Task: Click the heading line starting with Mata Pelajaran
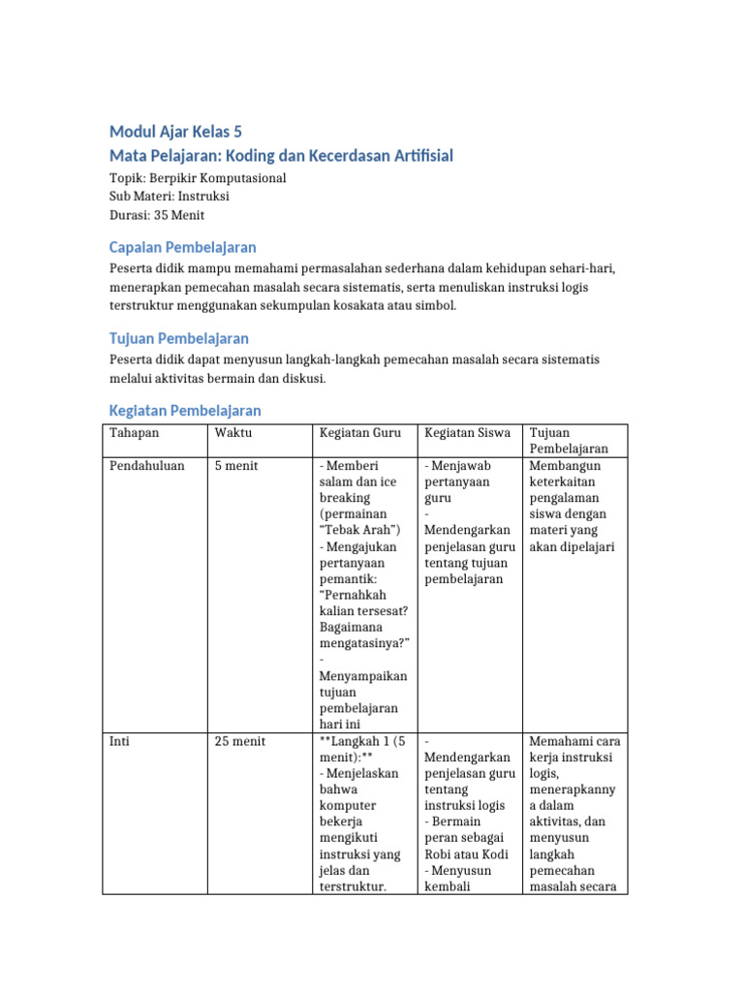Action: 281,156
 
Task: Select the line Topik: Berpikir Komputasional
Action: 198,178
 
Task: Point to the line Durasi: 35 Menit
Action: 157,215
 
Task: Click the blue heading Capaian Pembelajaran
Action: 183,247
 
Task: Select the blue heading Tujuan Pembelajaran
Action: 179,338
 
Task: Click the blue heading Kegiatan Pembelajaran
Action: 185,411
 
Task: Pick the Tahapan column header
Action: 135,433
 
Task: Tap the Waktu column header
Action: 233,433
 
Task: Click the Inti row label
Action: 120,741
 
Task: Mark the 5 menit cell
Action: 237,466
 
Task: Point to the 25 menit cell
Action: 240,741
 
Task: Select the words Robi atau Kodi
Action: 466,854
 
